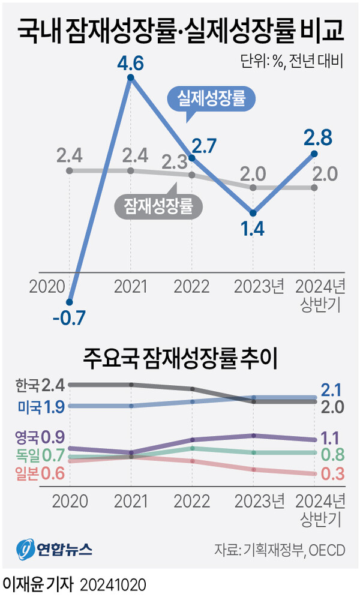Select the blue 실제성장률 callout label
coord(210,99)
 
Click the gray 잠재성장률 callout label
coord(158,206)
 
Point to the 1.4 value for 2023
coord(253,230)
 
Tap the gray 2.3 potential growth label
coord(175,162)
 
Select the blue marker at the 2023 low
coord(253,213)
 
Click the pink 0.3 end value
coord(332,473)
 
